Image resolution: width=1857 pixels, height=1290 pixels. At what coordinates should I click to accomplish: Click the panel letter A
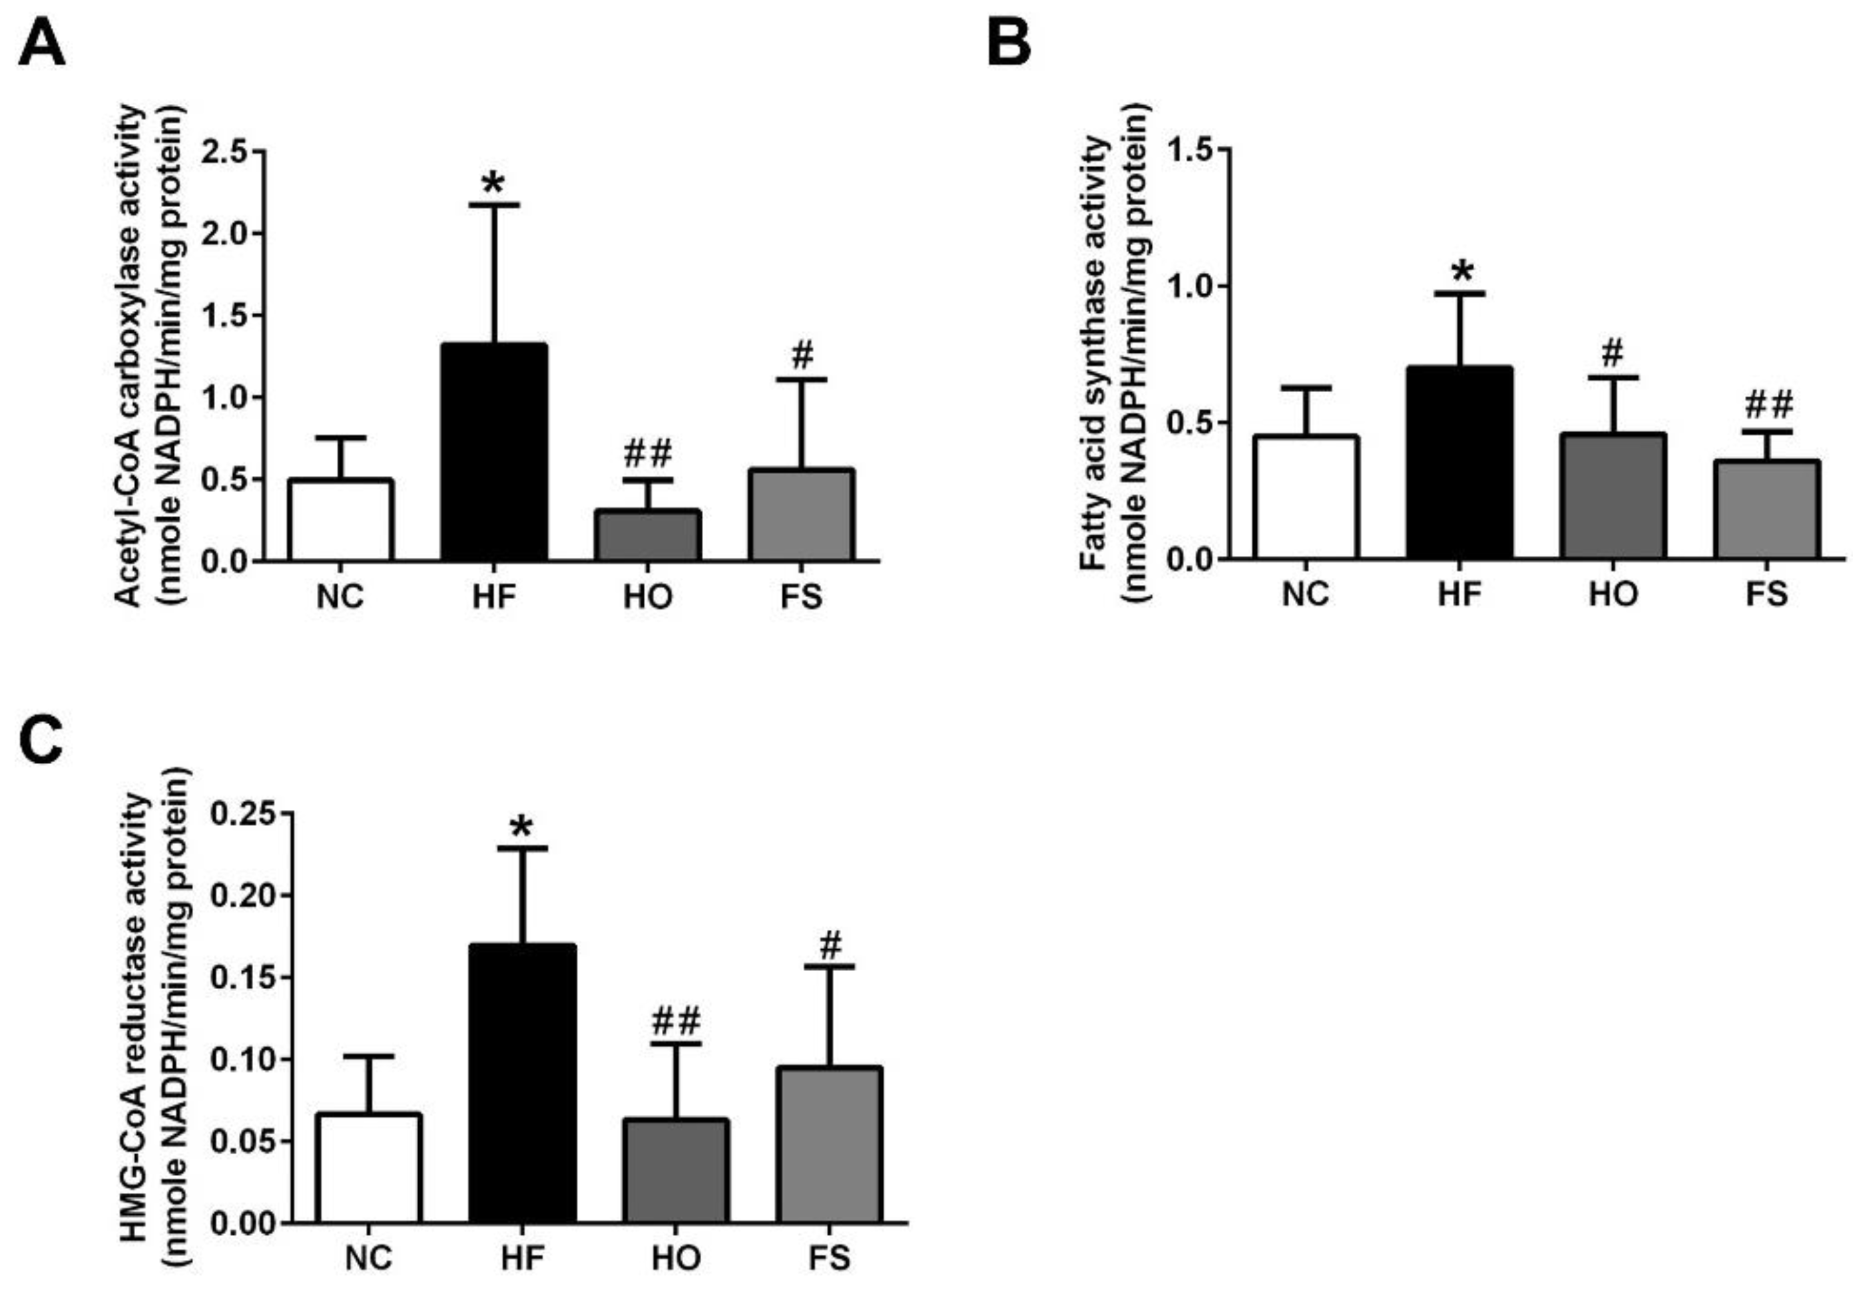[42, 45]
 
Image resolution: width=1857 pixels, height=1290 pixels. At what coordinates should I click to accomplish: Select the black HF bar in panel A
[494, 453]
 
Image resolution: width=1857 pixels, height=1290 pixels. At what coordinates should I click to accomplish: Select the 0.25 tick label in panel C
[242, 814]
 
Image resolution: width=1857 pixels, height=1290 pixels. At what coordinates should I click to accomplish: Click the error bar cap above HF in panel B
[1460, 294]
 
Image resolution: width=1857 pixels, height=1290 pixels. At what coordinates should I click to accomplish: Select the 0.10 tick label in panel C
[242, 1060]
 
